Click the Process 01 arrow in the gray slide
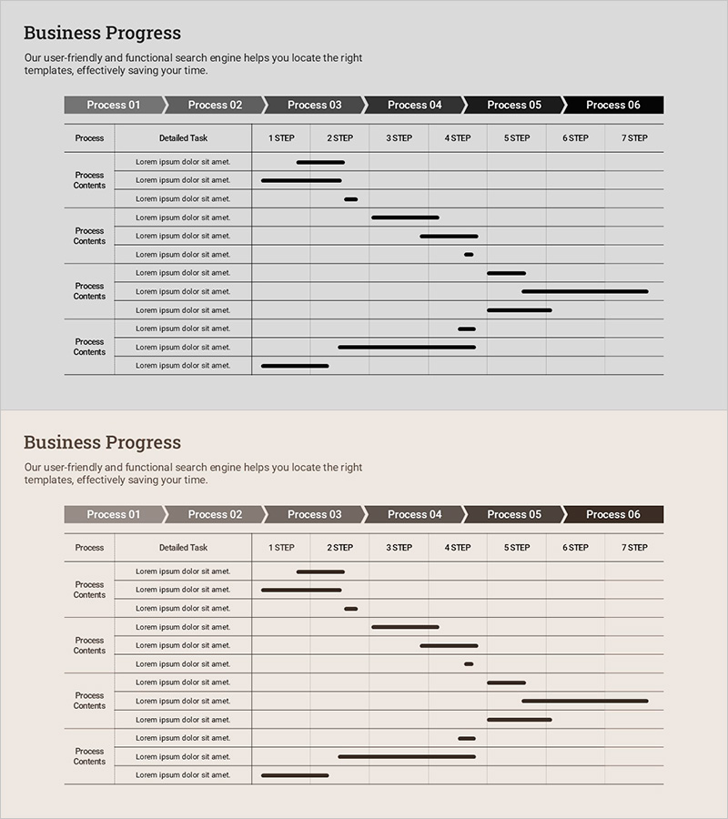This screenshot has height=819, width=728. pyautogui.click(x=114, y=105)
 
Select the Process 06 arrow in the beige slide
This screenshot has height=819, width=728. pyautogui.click(x=613, y=514)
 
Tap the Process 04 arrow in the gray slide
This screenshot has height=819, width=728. pyautogui.click(x=414, y=105)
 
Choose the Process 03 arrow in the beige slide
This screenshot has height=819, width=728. pyautogui.click(x=314, y=514)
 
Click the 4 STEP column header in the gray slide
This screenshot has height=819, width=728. pyautogui.click(x=458, y=138)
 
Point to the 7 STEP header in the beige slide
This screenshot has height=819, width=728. pyautogui.click(x=634, y=548)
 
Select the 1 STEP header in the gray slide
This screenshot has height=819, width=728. pyautogui.click(x=281, y=138)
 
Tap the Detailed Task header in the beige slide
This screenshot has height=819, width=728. pyautogui.click(x=183, y=548)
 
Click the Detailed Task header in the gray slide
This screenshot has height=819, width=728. pyautogui.click(x=183, y=138)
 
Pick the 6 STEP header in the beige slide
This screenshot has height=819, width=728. pyautogui.click(x=575, y=548)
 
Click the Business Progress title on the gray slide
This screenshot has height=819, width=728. pyautogui.click(x=102, y=33)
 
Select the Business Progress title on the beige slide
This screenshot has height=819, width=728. pyautogui.click(x=102, y=442)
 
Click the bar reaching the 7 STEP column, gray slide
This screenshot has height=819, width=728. pyautogui.click(x=585, y=291)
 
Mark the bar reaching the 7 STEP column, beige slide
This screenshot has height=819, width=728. pyautogui.click(x=585, y=701)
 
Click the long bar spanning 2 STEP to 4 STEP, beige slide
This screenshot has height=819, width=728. pyautogui.click(x=407, y=756)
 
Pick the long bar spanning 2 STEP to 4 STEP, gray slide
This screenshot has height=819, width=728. pyautogui.click(x=407, y=347)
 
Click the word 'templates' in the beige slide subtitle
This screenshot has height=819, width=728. pyautogui.click(x=47, y=480)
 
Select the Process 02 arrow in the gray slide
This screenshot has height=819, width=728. pyautogui.click(x=215, y=105)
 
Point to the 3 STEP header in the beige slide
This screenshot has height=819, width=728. pyautogui.click(x=399, y=548)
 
